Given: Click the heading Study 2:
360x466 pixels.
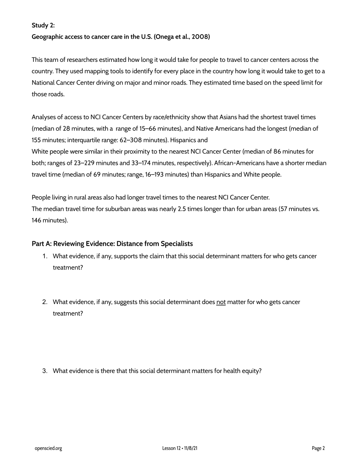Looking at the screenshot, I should tap(43, 25).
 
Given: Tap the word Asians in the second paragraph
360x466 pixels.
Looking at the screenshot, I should tap(228, 117).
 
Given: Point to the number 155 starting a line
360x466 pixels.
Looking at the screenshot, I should tap(37, 140).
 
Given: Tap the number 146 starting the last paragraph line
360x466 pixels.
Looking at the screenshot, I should tap(37, 220).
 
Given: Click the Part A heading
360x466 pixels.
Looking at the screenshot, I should tap(112, 244).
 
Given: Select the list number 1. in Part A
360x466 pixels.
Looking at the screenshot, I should tap(45, 256).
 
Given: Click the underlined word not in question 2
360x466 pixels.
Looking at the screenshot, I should tap(221, 302).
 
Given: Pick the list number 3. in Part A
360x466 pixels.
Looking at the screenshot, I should tap(45, 371).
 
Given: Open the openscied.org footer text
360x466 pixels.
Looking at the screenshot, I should tap(48, 448).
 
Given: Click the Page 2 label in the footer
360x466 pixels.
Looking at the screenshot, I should tap(318, 448).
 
